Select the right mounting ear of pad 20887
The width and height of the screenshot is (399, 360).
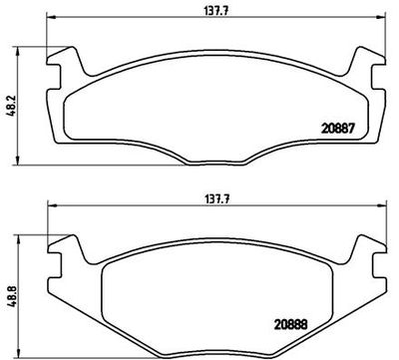361,68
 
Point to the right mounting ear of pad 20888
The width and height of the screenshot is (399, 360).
361,247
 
